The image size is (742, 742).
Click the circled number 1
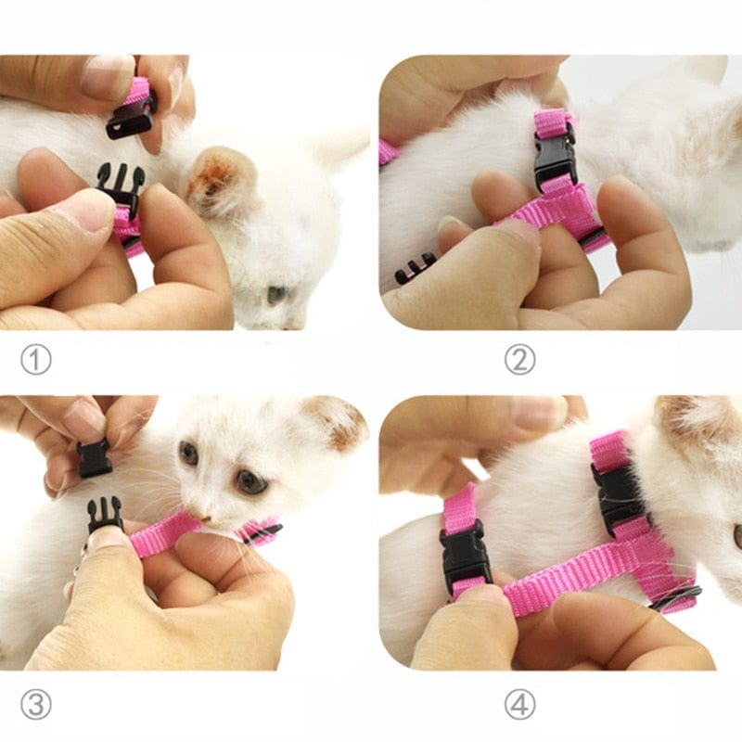(x=35, y=360)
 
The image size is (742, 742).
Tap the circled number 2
(x=519, y=360)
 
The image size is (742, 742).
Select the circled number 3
(x=35, y=705)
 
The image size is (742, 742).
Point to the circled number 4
(x=519, y=705)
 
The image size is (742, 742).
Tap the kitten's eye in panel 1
(x=276, y=295)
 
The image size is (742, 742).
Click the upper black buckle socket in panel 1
(x=131, y=116)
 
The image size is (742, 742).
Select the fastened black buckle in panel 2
(x=555, y=156)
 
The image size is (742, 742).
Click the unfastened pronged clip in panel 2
(x=415, y=268)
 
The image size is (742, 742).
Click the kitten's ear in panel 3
(x=336, y=422)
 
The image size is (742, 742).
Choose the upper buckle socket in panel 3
(x=94, y=458)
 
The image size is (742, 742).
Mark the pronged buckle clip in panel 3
(x=104, y=513)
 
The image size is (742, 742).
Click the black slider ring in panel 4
(x=674, y=598)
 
